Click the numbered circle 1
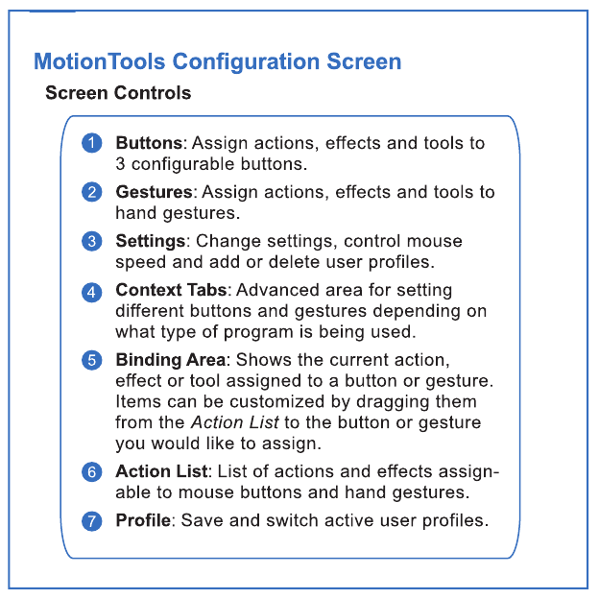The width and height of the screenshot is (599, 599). (x=92, y=143)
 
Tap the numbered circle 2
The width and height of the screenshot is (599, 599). (x=92, y=192)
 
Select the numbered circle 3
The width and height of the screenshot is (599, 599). (x=92, y=241)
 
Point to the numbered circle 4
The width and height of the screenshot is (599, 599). (x=92, y=292)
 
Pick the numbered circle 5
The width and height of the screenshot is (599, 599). (x=92, y=360)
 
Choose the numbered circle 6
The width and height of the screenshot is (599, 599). (x=92, y=471)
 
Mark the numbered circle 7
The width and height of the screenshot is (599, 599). (x=92, y=520)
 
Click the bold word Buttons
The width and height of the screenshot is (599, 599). (x=150, y=143)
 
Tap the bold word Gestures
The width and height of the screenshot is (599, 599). (x=155, y=192)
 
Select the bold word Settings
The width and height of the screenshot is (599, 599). (x=151, y=241)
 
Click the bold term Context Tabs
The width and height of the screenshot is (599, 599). (x=172, y=290)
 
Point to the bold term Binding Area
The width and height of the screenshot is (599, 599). (x=171, y=360)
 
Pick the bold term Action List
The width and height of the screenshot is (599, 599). (x=161, y=471)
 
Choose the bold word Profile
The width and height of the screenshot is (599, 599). (x=143, y=520)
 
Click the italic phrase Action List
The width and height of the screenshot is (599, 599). (x=235, y=422)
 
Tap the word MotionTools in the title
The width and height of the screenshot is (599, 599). (x=100, y=61)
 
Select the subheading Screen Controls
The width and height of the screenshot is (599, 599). (x=118, y=93)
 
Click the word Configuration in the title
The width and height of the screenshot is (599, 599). (x=247, y=61)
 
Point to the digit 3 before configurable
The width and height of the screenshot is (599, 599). (x=120, y=164)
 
